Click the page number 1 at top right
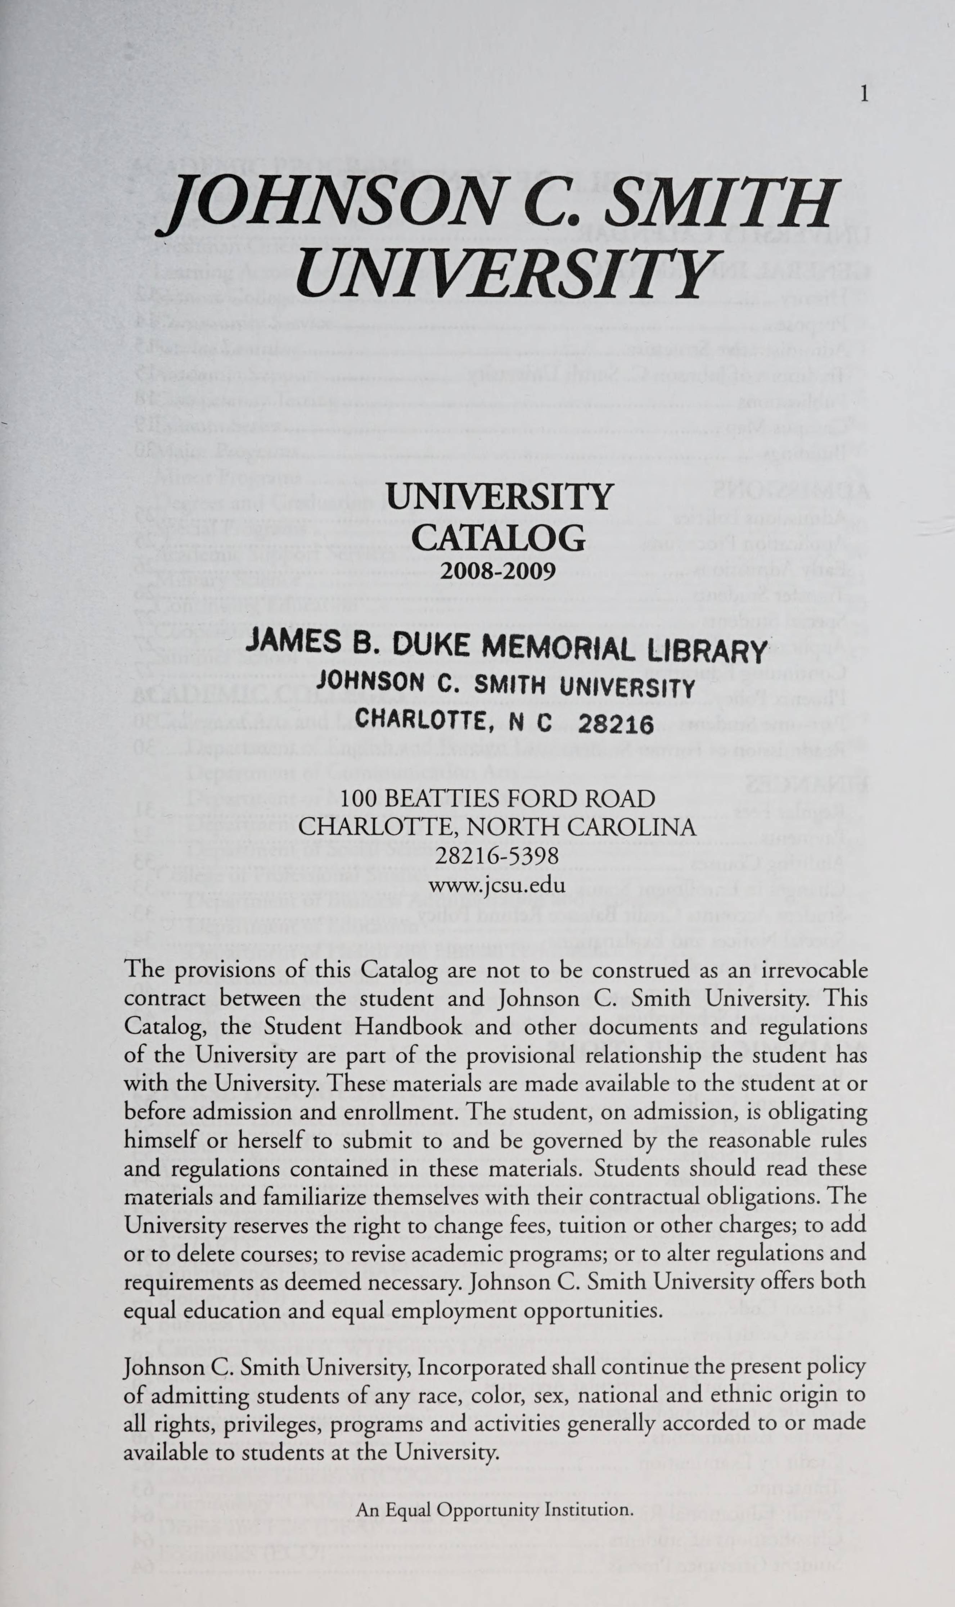tap(864, 95)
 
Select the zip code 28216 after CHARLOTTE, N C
tap(616, 725)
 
